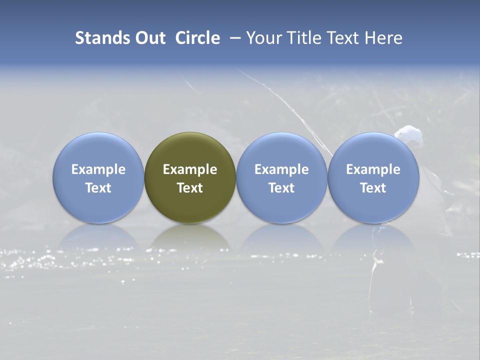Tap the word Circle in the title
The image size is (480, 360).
pos(197,38)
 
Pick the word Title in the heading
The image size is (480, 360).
pos(301,38)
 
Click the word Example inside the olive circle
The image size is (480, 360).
pos(190,169)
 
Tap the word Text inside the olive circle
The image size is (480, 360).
pos(190,188)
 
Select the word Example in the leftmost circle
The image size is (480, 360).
pos(98,169)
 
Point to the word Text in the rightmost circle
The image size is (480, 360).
pos(373,188)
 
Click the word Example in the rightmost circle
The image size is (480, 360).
pos(373,169)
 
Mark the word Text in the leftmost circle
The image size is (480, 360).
pos(98,188)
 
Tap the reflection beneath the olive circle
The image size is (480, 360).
pos(190,237)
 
